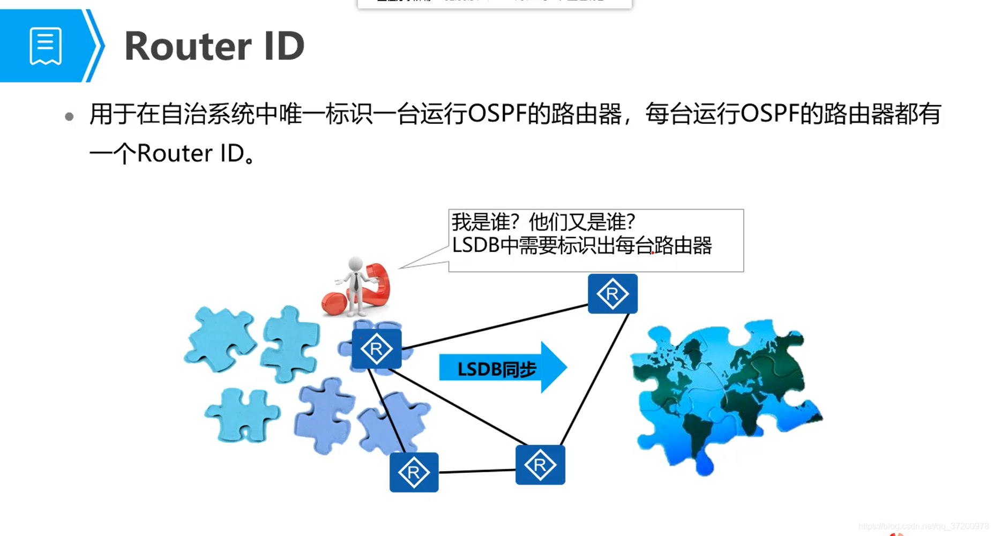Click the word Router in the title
click(188, 47)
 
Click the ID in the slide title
click(283, 47)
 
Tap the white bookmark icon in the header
click(46, 46)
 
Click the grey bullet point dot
click(69, 116)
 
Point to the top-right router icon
click(612, 294)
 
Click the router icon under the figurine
click(376, 349)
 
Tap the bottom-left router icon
click(414, 472)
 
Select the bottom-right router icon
click(540, 465)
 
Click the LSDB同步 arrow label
click(496, 369)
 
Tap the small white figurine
click(355, 281)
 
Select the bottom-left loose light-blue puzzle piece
click(242, 414)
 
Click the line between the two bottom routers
click(477, 471)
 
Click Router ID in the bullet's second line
click(191, 154)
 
